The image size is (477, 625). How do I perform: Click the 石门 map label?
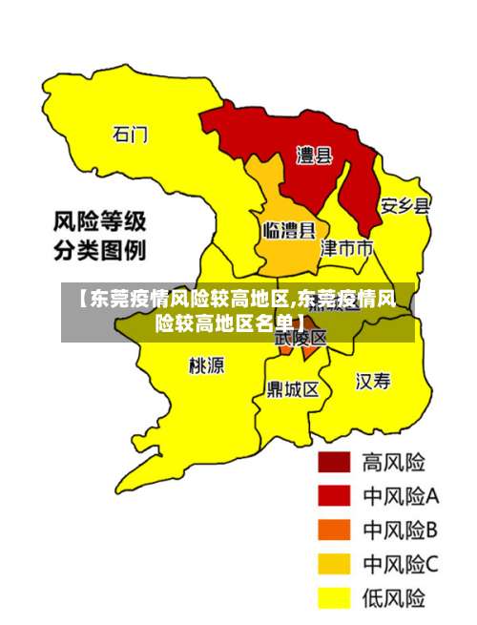tap(131, 134)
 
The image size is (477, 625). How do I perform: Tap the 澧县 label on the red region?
tap(314, 156)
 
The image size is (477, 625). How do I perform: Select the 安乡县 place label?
tap(405, 206)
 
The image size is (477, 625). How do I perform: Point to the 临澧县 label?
tap(289, 230)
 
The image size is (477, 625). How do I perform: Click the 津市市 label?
tap(345, 249)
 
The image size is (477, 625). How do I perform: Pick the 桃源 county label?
tap(207, 365)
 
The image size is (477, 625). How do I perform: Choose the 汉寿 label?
tap(374, 382)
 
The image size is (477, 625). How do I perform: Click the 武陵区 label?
tap(301, 337)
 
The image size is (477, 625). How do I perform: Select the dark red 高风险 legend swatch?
tap(334, 463)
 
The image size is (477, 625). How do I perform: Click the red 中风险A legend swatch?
tap(334, 496)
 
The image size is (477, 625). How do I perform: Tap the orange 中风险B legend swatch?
tap(334, 530)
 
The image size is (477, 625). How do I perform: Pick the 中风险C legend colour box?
tap(334, 564)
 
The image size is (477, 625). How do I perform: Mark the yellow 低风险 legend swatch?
tap(334, 598)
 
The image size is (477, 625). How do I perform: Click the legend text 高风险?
tap(393, 463)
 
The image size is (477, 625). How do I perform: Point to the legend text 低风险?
tap(393, 598)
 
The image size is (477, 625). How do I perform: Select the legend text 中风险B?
tap(400, 530)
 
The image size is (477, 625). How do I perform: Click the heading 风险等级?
tap(98, 224)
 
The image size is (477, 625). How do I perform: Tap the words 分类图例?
tap(98, 252)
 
